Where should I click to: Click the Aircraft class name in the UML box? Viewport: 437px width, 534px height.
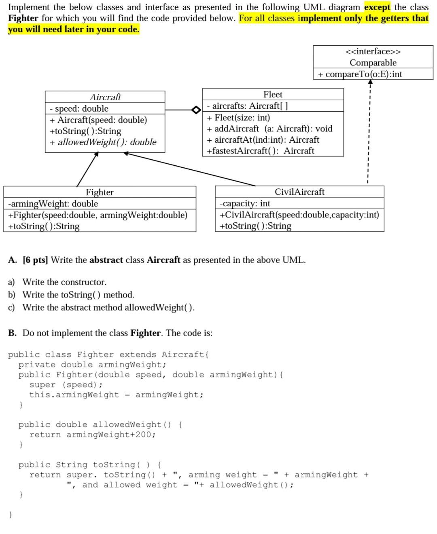point(105,97)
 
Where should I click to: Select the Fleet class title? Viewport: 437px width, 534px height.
point(273,95)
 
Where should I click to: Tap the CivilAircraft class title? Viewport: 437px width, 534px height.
point(299,192)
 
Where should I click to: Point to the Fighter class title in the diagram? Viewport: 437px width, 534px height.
point(100,192)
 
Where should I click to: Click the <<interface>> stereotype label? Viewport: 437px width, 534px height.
point(373,51)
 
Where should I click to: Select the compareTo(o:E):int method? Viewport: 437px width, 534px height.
point(360,74)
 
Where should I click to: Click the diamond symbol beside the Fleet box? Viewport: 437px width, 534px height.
point(196,110)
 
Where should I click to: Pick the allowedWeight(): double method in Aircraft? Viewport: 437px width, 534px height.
point(103,142)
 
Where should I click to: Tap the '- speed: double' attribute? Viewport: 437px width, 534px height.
point(79,109)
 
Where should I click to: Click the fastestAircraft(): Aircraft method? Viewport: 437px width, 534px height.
point(260,151)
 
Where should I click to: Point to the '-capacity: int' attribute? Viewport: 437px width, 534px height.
point(245,203)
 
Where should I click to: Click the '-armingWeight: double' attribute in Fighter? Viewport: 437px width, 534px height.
point(53,203)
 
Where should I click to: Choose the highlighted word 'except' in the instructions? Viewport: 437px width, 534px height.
point(377,7)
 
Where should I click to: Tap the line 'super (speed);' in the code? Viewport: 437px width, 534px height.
point(66,385)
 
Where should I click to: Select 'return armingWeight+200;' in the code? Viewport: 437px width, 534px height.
point(92,435)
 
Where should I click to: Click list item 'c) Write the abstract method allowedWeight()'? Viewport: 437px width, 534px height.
point(101,308)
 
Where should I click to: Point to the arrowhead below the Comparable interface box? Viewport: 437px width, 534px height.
point(370,82)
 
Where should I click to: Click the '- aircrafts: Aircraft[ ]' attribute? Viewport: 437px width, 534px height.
point(248,106)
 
